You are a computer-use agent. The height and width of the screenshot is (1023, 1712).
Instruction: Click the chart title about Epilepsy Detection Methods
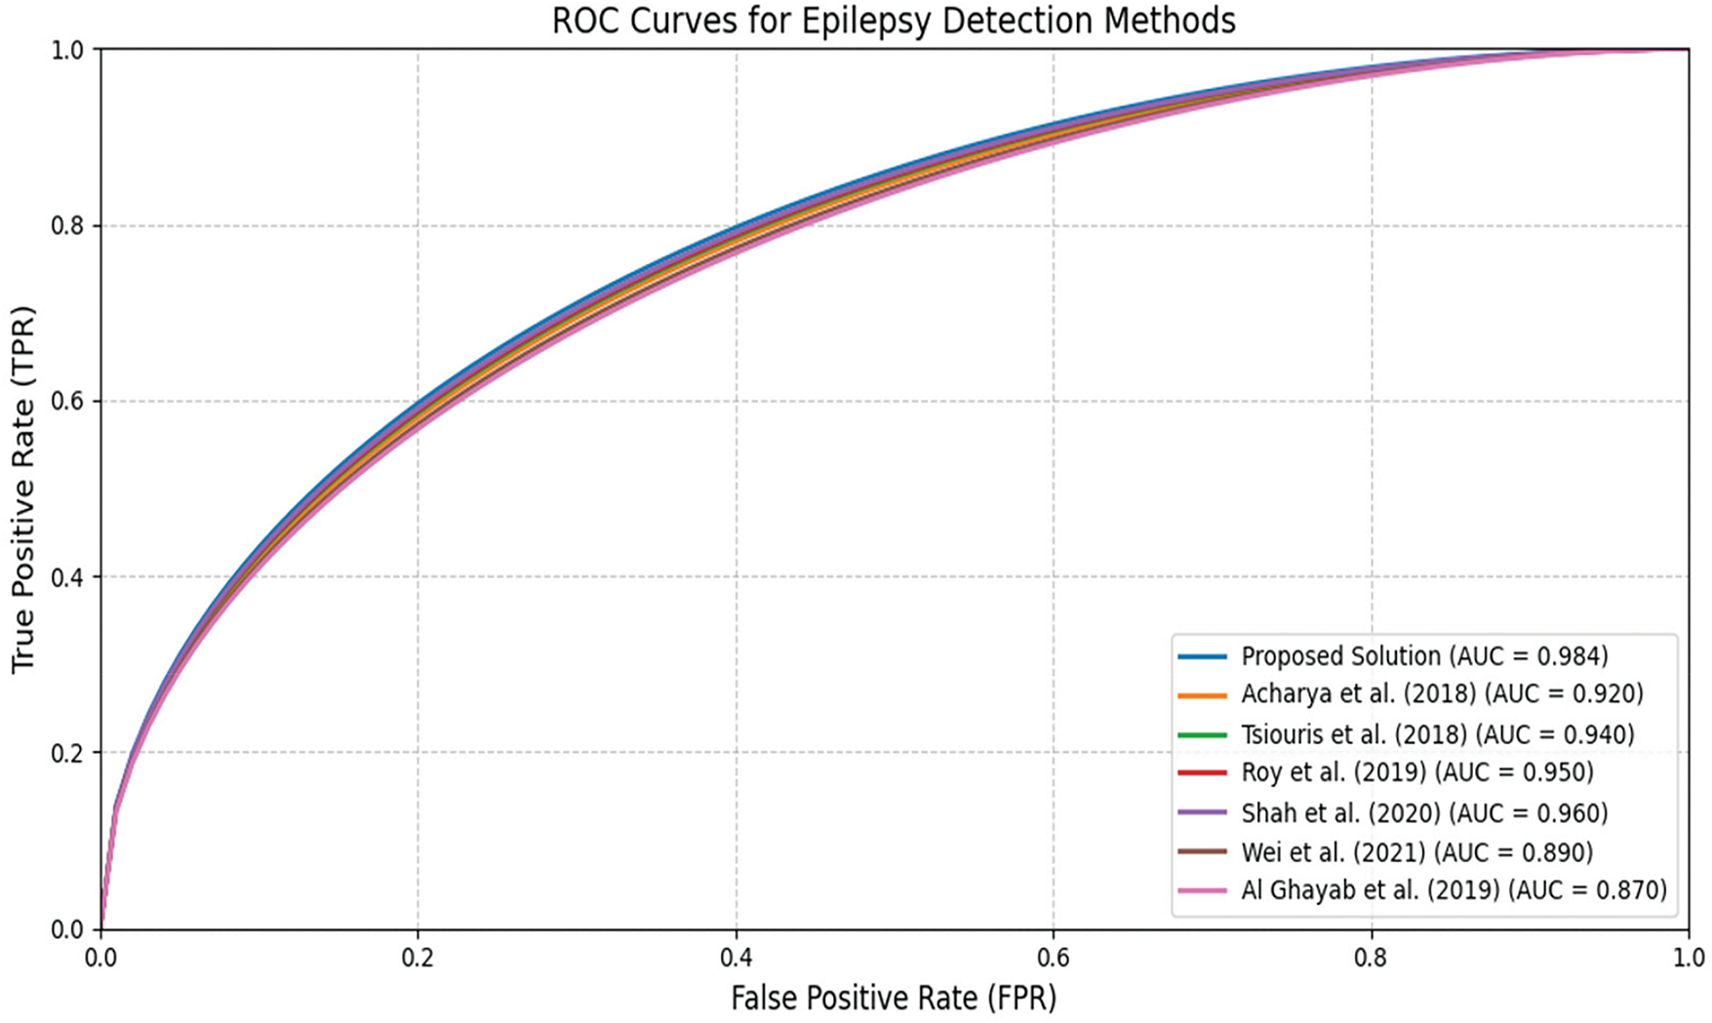point(894,20)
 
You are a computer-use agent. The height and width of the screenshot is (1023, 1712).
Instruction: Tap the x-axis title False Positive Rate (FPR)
point(894,998)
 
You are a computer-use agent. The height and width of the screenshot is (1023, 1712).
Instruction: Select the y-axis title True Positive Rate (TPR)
point(22,490)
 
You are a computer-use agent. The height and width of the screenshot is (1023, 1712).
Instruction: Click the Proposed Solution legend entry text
point(1424,656)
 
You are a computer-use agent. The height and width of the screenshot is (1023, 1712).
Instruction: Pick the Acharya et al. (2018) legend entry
point(1442,694)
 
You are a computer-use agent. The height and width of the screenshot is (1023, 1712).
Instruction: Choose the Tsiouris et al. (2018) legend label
point(1437,734)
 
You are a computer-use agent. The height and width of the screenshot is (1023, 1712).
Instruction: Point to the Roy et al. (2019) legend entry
point(1416,773)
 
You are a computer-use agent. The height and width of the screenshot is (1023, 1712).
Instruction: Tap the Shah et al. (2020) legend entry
point(1424,812)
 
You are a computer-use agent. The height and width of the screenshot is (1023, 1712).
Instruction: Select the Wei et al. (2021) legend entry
point(1416,852)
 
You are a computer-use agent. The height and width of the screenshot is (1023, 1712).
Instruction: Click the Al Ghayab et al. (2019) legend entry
point(1453,890)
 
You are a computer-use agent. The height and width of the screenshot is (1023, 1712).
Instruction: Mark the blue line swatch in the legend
point(1202,656)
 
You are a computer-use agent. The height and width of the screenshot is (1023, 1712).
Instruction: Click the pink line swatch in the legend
point(1202,890)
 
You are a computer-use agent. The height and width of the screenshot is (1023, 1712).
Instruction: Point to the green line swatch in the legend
point(1202,734)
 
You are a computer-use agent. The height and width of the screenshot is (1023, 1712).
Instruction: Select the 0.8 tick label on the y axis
point(68,226)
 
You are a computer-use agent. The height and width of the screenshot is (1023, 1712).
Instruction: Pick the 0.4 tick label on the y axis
point(68,577)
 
